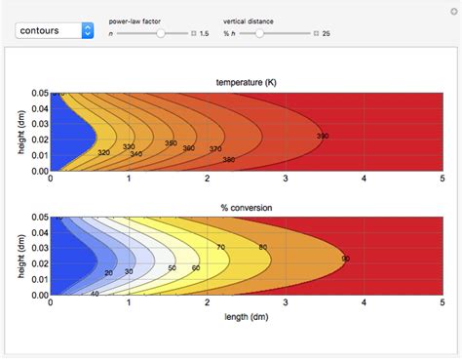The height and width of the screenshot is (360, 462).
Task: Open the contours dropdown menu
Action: point(55,30)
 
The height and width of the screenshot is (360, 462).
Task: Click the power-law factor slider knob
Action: point(160,33)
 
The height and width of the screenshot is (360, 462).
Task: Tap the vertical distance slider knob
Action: point(259,33)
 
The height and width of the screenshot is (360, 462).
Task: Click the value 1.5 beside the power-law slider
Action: point(204,33)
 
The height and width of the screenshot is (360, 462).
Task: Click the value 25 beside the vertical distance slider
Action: point(326,33)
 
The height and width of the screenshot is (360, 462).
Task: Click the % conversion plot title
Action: point(245,207)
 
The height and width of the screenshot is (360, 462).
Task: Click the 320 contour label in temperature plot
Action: point(103,152)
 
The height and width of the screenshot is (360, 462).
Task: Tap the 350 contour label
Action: point(171,143)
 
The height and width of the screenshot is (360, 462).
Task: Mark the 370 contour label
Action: point(215,149)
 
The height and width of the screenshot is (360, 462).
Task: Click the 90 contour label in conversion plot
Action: point(345,259)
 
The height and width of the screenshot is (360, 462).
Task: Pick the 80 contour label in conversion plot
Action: point(262,248)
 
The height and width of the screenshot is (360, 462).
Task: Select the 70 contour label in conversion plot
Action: point(221,248)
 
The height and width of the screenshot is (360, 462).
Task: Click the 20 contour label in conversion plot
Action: point(108,273)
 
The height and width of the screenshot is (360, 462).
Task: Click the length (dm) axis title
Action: point(245,316)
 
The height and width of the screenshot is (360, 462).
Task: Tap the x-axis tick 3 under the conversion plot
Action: point(286,303)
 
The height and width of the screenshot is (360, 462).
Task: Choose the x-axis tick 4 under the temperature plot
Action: point(364,179)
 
